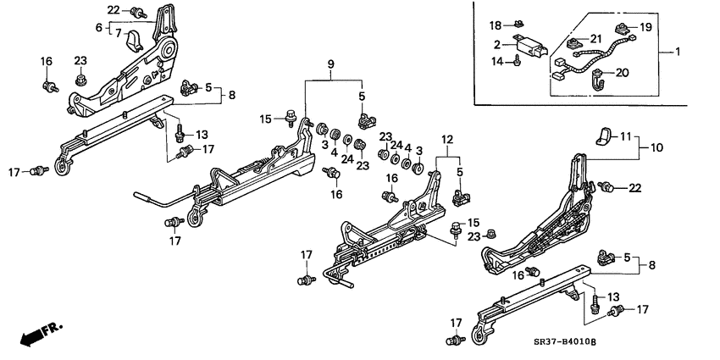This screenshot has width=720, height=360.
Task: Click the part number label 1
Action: [x=677, y=53]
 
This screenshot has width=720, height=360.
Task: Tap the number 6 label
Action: [x=98, y=28]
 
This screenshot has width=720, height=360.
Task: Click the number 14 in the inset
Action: [x=496, y=60]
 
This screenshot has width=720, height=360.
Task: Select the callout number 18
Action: [x=496, y=25]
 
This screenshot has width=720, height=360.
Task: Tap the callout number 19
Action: [x=645, y=27]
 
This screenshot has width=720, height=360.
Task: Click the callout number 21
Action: [x=595, y=39]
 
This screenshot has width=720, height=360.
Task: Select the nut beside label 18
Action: [x=518, y=25]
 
